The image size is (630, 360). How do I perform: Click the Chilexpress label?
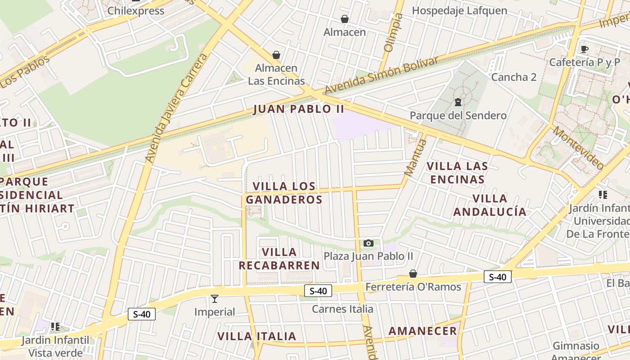pos(136,11)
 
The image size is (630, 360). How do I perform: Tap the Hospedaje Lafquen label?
pos(459,10)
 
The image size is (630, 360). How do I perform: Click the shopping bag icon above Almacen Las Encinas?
pos(276,55)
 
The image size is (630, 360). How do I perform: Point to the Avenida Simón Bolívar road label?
pos(381,76)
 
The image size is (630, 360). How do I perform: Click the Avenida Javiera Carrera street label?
pos(177,108)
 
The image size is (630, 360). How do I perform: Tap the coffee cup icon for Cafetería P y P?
pos(585,49)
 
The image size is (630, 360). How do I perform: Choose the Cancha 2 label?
pos(514,77)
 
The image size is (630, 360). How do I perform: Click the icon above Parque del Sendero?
pos(458,102)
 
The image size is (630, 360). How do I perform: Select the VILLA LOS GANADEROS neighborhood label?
pos(284,193)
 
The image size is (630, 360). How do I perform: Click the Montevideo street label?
pos(579,148)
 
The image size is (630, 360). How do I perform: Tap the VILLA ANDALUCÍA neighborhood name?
pos(490,205)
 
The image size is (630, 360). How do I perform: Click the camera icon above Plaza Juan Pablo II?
pos(369,243)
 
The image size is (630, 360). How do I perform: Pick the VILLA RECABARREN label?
pos(279,259)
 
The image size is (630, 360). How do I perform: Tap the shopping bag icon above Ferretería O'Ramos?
pos(413,274)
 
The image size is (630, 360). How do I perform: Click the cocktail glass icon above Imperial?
pos(215,298)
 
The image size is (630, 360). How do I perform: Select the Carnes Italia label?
pos(342,309)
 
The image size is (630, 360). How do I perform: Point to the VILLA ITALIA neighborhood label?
pos(257,336)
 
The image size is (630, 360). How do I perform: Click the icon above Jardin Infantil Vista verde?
pos(55,326)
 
